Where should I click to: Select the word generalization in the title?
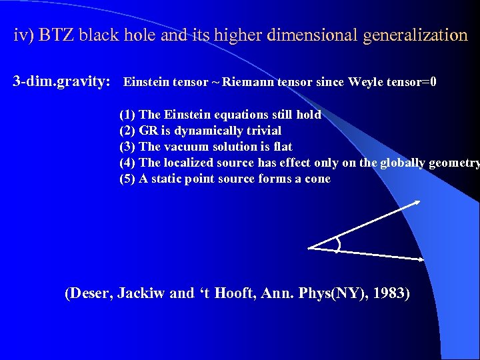[415, 35]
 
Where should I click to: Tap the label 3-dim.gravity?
[62, 82]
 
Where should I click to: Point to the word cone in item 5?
[316, 179]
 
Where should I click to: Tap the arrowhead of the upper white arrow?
[417, 203]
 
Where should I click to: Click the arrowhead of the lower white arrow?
[421, 258]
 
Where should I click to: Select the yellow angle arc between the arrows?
[338, 246]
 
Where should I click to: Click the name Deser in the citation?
[90, 293]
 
